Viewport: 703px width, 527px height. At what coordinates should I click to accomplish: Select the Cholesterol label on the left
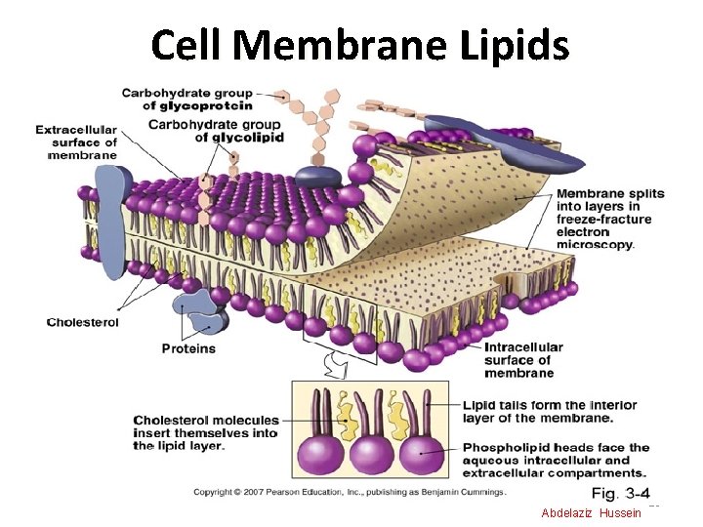[x=83, y=322]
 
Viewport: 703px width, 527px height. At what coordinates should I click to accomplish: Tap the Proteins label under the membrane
[x=188, y=348]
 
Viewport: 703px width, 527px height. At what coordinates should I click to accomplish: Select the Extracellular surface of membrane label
[x=76, y=142]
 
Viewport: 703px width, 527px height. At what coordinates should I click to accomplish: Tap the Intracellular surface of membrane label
[x=523, y=359]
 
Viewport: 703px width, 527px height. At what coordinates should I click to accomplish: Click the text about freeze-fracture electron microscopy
[x=609, y=219]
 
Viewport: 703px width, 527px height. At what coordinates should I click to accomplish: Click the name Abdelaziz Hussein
[x=591, y=513]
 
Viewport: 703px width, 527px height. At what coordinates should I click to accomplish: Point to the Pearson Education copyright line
[x=350, y=492]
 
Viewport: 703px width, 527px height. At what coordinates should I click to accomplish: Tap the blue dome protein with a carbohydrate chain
[x=317, y=176]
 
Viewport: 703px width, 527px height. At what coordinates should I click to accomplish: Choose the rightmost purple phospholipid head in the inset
[x=423, y=456]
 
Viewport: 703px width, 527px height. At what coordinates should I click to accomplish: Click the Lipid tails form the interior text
[x=549, y=411]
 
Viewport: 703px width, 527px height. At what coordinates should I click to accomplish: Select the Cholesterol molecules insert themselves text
[x=205, y=432]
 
